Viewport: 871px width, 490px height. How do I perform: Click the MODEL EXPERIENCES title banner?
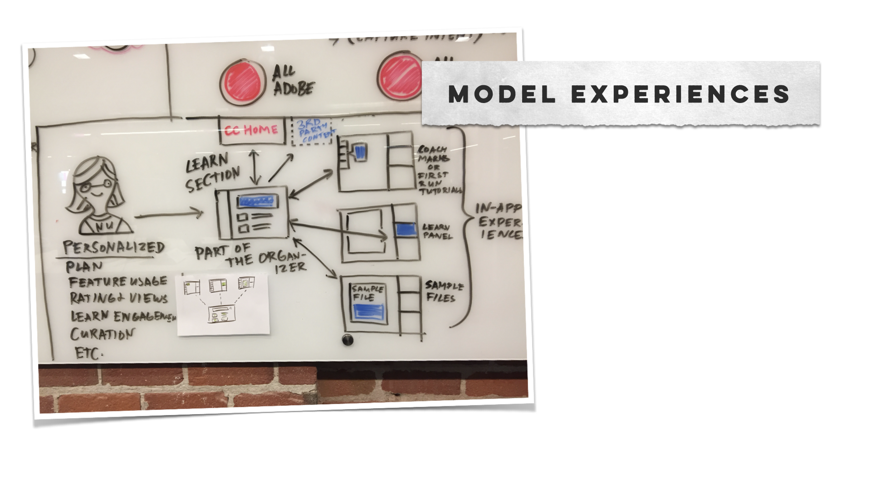[620, 93]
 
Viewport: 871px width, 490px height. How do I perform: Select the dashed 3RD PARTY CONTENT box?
[312, 131]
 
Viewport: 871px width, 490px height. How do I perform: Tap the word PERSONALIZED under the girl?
[113, 248]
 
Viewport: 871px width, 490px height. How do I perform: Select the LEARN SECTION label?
[212, 173]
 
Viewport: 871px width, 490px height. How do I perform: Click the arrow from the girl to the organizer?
[168, 214]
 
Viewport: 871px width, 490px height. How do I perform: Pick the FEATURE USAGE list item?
[117, 282]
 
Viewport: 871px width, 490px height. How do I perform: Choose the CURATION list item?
[102, 334]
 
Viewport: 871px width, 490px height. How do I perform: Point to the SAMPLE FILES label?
[444, 292]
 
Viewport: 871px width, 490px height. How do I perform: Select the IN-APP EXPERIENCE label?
[497, 221]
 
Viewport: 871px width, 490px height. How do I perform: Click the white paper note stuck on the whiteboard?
[223, 304]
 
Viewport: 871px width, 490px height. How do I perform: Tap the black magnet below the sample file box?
[347, 340]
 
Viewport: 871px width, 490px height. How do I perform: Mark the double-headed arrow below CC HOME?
[255, 167]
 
